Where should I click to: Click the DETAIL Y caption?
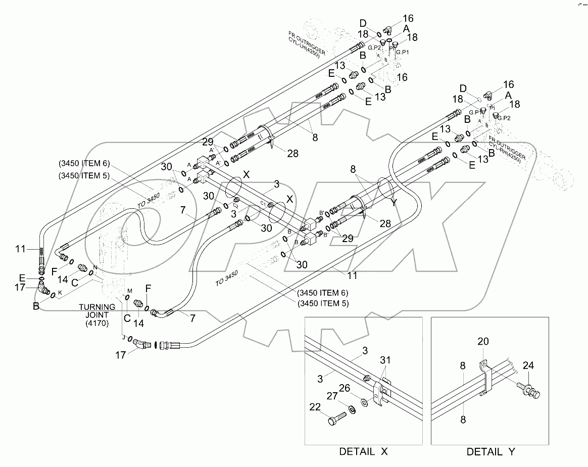click(490, 451)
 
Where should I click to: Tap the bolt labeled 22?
click(338, 418)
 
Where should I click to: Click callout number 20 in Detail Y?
click(483, 342)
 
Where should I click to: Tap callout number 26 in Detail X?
click(358, 388)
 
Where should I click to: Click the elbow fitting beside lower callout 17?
click(143, 344)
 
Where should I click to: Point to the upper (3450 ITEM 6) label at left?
click(83, 164)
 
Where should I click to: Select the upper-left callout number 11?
click(20, 249)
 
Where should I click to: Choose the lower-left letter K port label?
click(60, 292)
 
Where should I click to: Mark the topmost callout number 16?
click(408, 19)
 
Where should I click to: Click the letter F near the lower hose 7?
click(148, 288)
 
